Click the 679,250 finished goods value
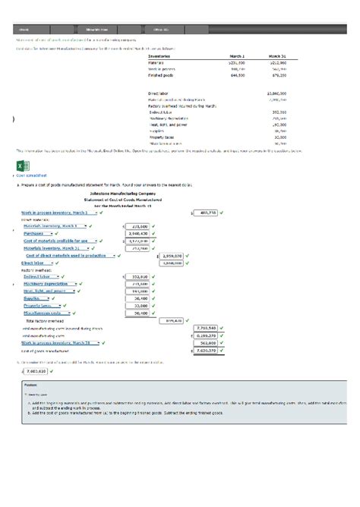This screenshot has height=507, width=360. pos(276,76)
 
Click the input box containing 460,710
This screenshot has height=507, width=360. pos(204,213)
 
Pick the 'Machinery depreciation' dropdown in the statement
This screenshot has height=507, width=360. pos(56,284)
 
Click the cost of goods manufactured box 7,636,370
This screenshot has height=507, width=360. pos(204,350)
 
